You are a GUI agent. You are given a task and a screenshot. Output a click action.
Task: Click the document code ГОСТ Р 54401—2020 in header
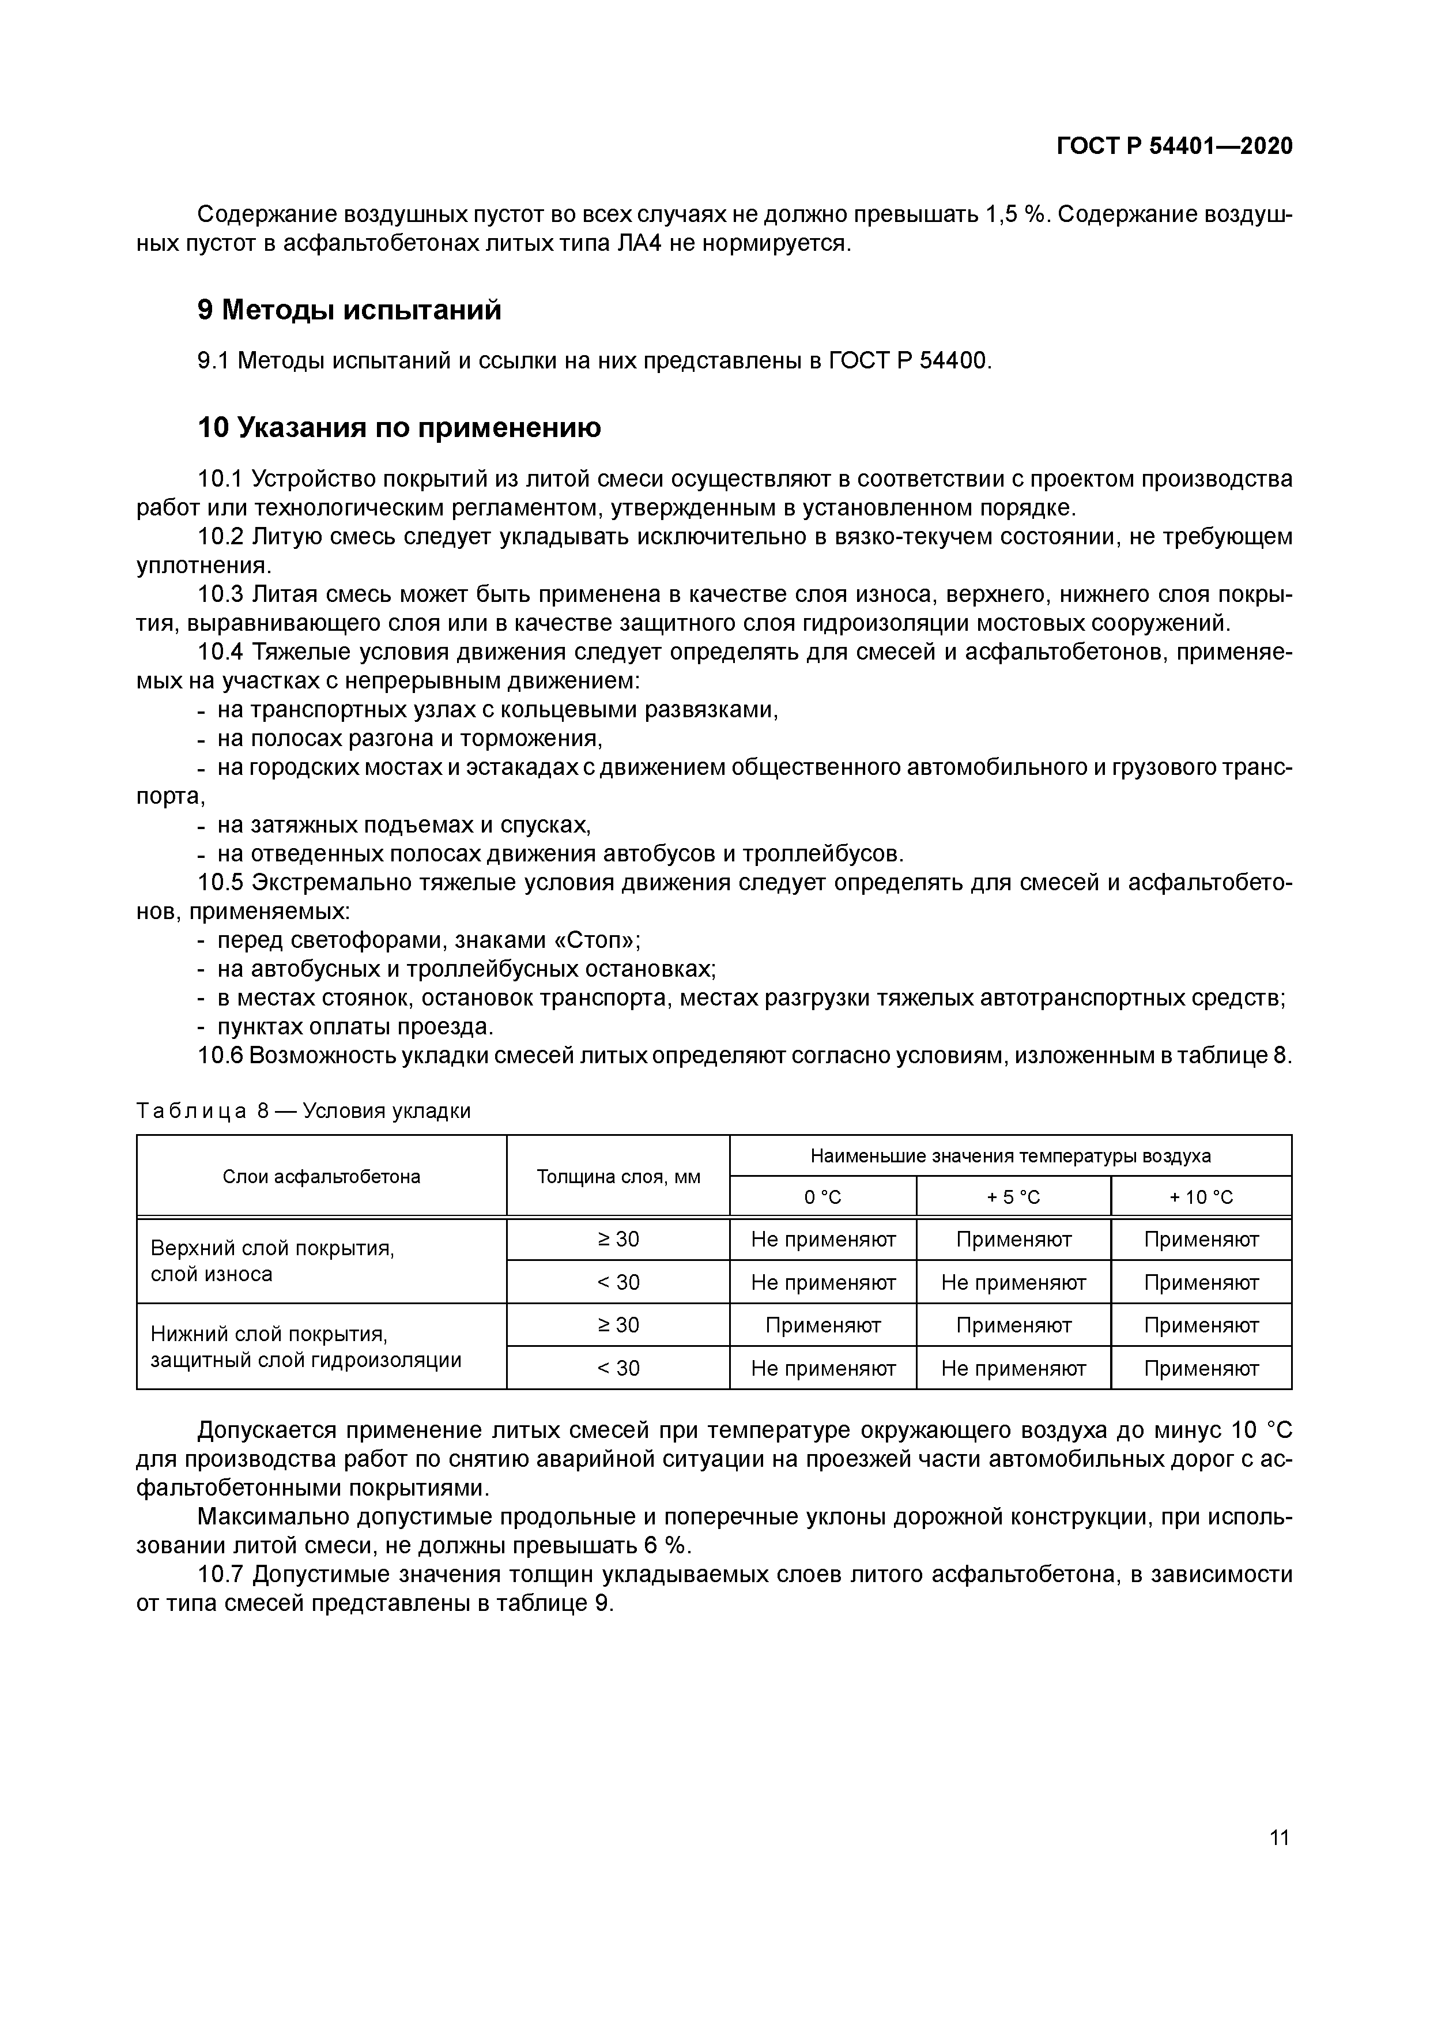[1175, 146]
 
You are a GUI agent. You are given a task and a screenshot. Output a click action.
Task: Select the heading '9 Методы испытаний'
[350, 310]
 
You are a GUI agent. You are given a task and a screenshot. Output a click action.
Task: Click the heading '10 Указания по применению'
[399, 428]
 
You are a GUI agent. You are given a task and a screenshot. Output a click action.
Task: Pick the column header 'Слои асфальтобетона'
[322, 1177]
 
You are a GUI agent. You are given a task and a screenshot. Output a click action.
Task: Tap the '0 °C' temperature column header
[822, 1197]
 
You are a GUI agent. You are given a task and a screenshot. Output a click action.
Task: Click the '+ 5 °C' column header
[1013, 1197]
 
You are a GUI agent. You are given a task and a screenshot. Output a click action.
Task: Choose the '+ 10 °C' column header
[1201, 1197]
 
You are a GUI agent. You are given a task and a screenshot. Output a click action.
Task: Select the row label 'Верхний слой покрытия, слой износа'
[273, 1261]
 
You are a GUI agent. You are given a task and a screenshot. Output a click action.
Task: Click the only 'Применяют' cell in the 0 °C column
[822, 1324]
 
